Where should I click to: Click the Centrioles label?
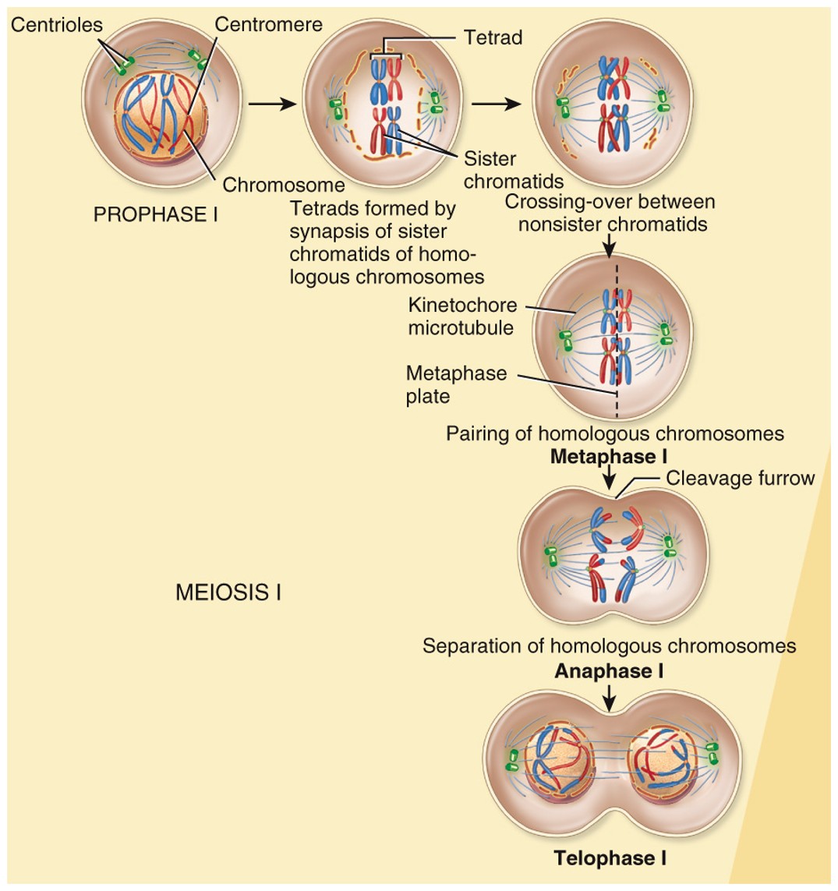[56, 25]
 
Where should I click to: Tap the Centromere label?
[268, 25]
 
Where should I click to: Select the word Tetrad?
[493, 37]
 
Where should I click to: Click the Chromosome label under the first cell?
[283, 185]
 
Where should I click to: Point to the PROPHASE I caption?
[155, 214]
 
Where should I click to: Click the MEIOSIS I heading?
[228, 593]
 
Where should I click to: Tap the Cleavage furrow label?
[740, 478]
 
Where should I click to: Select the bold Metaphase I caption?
[608, 456]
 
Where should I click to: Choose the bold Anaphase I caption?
[609, 671]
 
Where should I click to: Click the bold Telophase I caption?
[610, 858]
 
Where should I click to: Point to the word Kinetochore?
[462, 306]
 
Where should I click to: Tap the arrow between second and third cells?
[496, 104]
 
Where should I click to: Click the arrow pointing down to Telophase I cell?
[610, 694]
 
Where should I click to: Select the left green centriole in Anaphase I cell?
[550, 556]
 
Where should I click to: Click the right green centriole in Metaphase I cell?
[665, 334]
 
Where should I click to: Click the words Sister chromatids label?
[513, 170]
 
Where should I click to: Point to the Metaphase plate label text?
[455, 385]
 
